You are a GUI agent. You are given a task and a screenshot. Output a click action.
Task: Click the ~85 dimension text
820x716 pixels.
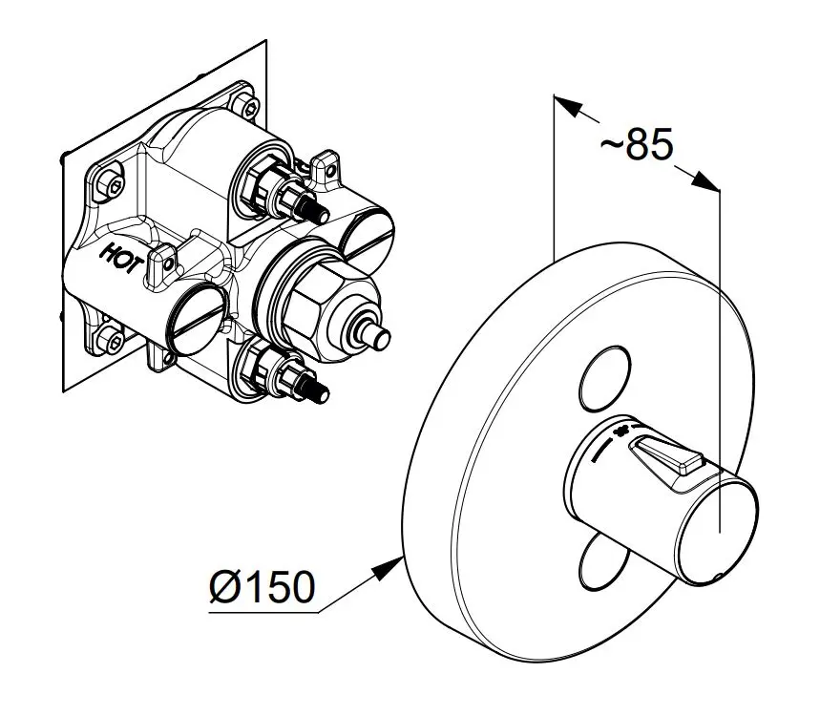637,144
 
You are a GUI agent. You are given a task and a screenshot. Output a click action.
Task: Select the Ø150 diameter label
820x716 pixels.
261,586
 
